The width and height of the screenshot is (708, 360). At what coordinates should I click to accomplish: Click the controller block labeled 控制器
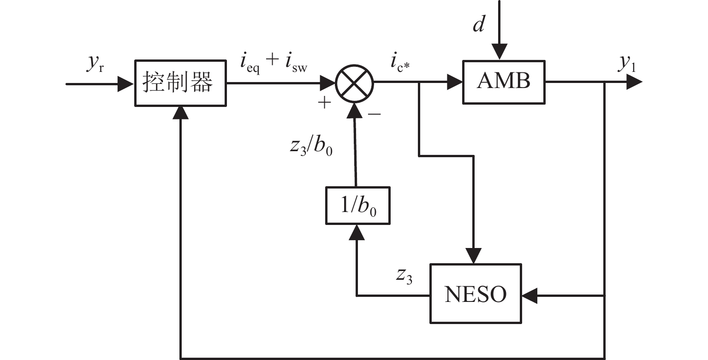[x=180, y=83]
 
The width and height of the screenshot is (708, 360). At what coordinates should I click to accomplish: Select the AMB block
[x=504, y=82]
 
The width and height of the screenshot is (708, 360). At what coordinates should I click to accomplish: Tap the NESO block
[x=475, y=294]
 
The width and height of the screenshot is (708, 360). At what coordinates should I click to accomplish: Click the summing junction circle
[x=355, y=83]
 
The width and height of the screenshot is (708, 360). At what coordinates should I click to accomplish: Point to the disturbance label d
[x=479, y=25]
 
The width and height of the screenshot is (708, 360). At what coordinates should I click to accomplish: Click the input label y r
[x=94, y=65]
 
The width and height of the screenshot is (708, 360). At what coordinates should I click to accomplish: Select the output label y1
[x=627, y=65]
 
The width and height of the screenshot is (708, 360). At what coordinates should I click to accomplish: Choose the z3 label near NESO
[x=404, y=275]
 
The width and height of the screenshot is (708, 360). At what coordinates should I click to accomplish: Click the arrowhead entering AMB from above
[x=499, y=52]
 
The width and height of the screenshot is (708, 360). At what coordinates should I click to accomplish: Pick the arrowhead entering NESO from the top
[x=474, y=256]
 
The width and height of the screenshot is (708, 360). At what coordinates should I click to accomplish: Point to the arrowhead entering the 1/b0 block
[x=357, y=232]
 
